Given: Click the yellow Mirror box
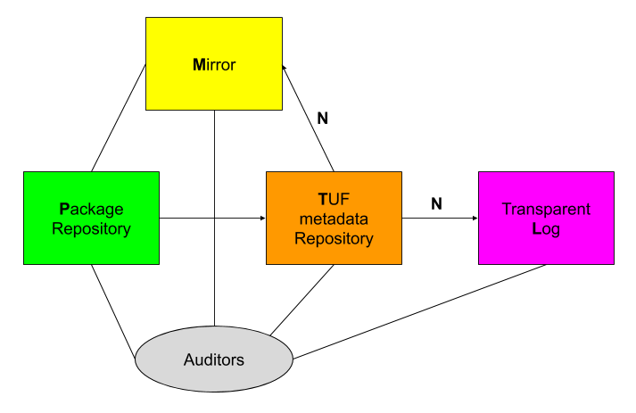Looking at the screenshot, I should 214,64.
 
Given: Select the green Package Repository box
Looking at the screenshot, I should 91,218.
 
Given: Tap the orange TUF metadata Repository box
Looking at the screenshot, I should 334,218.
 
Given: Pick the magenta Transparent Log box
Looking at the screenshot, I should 546,218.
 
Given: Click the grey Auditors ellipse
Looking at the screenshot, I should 214,359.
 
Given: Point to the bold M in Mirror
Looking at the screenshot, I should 199,65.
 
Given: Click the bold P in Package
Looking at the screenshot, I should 64,210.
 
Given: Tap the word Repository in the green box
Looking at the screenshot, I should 91,229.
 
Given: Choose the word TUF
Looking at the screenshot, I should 334,199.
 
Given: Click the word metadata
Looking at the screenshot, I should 334,219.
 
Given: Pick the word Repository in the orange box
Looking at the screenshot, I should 334,239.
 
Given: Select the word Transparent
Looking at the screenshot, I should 546,210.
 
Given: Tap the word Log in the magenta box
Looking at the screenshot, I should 546,229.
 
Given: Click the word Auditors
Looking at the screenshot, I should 214,360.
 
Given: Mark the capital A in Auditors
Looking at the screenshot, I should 189,360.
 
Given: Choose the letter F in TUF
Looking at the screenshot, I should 344,199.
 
